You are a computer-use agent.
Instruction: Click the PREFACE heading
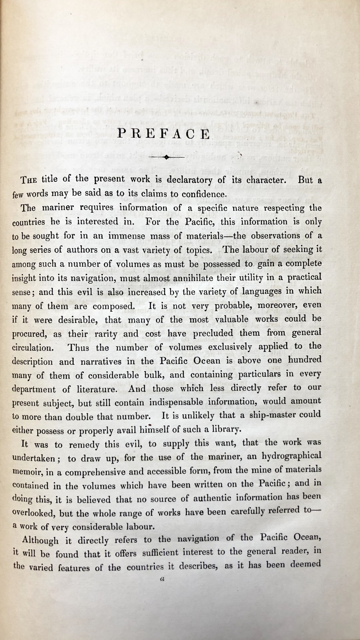click(164, 134)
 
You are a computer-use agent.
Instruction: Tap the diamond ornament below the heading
click(166, 157)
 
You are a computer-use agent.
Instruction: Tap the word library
click(223, 429)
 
